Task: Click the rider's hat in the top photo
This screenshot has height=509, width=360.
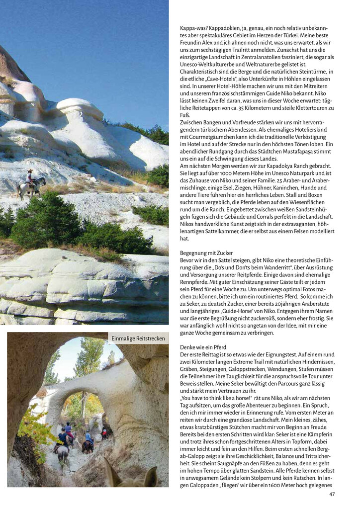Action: pyautogui.click(x=29, y=170)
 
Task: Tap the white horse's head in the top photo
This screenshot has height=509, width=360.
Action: pyautogui.click(x=43, y=180)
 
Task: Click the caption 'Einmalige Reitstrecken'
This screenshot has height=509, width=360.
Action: pyautogui.click(x=138, y=339)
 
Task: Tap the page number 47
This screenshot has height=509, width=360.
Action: pyautogui.click(x=332, y=494)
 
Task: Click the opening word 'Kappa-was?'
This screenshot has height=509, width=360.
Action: pyautogui.click(x=193, y=28)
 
